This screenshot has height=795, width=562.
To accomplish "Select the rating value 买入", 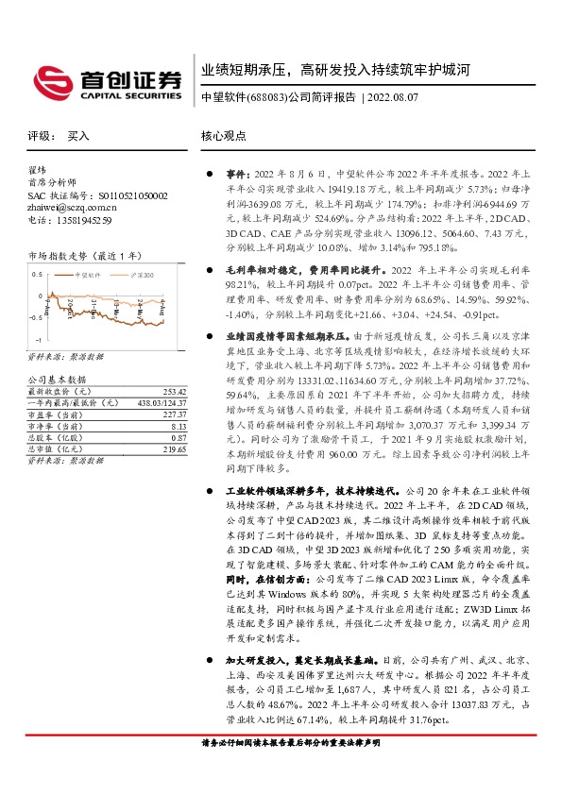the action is point(78,136).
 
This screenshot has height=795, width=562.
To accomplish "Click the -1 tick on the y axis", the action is point(38,339).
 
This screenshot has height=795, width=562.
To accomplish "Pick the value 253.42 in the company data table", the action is point(174,391).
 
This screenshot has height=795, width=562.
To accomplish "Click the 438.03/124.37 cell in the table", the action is point(162,403).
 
